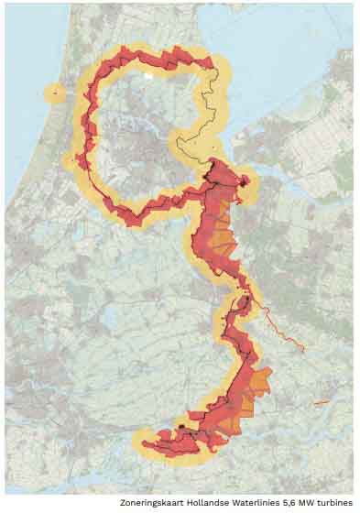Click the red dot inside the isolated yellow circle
click(55, 92)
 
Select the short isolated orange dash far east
click(322, 402)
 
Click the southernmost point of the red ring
click(132, 221)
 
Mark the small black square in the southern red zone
click(183, 427)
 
